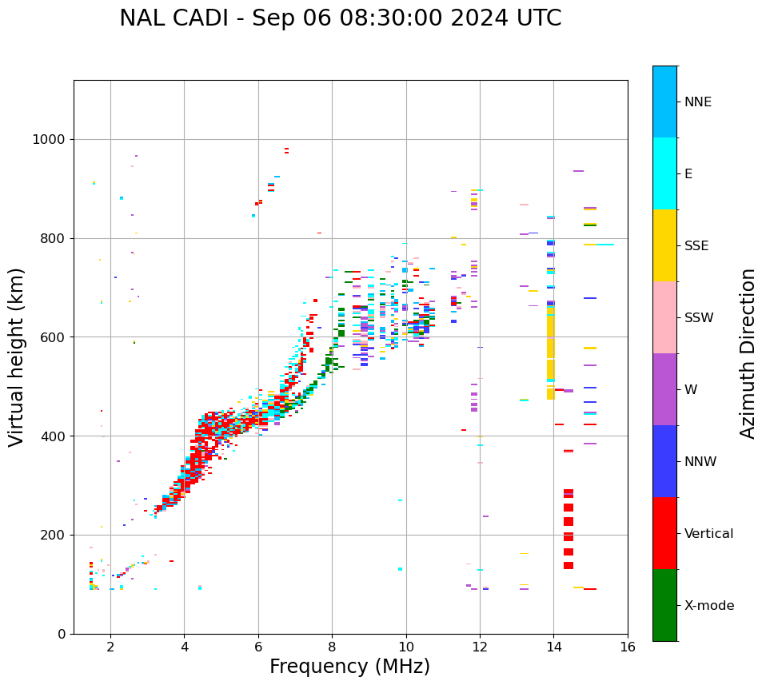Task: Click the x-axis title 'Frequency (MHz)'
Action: click(349, 667)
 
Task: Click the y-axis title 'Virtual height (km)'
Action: click(17, 356)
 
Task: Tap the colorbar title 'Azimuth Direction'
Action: click(748, 352)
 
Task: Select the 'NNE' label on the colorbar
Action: click(697, 102)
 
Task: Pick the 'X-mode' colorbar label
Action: click(708, 606)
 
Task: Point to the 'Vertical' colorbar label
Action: click(708, 534)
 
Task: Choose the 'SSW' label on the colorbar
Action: click(699, 318)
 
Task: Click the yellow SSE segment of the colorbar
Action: click(664, 245)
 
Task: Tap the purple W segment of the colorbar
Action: click(664, 389)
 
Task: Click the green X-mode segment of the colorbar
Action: click(664, 605)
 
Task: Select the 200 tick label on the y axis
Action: click(53, 535)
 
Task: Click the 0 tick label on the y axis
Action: click(61, 634)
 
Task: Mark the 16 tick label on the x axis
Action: click(628, 647)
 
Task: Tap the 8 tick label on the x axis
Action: click(332, 647)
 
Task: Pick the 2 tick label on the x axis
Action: click(110, 647)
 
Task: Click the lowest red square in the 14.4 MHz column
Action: click(569, 565)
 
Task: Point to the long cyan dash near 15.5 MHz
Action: click(604, 245)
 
